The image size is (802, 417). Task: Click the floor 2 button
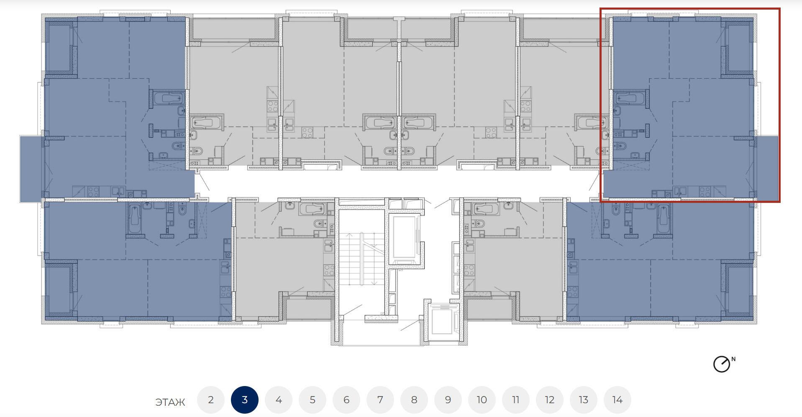point(211,400)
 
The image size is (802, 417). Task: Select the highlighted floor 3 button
point(245,400)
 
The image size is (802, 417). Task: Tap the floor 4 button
point(279,400)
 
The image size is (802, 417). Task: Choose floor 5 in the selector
point(313,400)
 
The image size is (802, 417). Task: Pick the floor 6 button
point(346,400)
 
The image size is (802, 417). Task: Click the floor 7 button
point(380,400)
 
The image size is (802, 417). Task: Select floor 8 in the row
point(414,400)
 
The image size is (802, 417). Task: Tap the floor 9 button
point(448,400)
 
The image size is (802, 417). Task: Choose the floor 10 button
point(482,400)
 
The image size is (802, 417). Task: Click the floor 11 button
point(516,400)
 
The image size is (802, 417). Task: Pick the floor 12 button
point(550,400)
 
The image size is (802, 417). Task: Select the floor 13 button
point(584,400)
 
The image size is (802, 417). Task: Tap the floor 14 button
point(618,400)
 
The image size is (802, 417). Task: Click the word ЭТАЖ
point(170,402)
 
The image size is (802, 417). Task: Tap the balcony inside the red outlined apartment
point(766,168)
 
